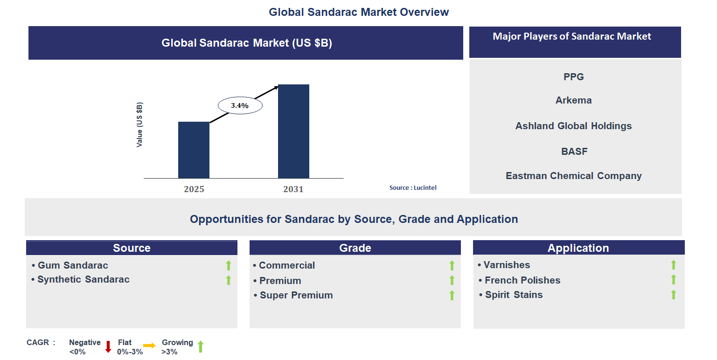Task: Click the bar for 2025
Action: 194,150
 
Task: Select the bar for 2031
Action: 293,132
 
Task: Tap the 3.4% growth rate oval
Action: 240,106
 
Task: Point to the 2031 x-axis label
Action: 293,189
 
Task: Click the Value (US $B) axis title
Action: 139,125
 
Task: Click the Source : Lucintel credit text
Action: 413,187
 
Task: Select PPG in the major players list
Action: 573,77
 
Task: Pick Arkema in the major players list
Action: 573,100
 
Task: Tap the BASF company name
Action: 574,152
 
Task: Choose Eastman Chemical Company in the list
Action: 573,176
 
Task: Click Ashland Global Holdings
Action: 573,126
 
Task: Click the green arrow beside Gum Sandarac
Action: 229,266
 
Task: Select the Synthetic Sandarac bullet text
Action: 84,279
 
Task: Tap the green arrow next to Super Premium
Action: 452,295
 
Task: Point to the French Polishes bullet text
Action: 522,280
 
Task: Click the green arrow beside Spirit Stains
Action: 673,295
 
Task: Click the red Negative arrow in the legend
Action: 108,346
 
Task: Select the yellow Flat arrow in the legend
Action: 149,346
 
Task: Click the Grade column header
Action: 355,248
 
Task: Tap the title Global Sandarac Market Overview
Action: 359,12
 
